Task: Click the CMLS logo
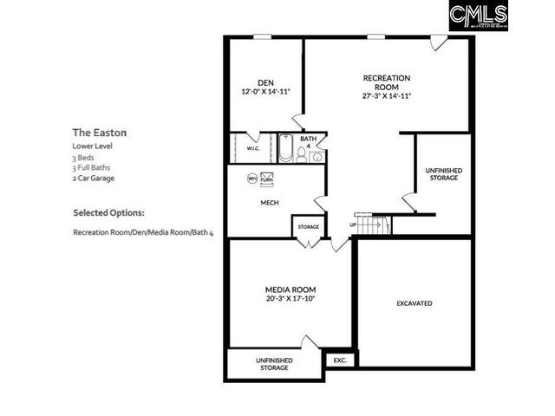tap(478, 16)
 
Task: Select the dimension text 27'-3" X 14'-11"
tap(387, 96)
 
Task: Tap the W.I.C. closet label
tap(253, 148)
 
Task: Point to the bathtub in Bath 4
tap(286, 149)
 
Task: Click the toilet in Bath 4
tap(302, 154)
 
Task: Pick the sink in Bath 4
tap(317, 157)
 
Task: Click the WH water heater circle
tap(252, 179)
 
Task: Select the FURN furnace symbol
tap(266, 179)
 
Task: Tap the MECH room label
tap(269, 203)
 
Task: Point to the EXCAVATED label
tap(414, 303)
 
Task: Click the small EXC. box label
tap(339, 359)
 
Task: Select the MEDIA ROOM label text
tap(290, 289)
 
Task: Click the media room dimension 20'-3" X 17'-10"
tap(290, 298)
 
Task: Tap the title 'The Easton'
tap(100, 133)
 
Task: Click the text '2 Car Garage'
tap(94, 178)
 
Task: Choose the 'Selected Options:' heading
tap(108, 212)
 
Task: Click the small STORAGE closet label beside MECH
tap(308, 227)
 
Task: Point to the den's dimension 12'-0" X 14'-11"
tap(265, 91)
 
